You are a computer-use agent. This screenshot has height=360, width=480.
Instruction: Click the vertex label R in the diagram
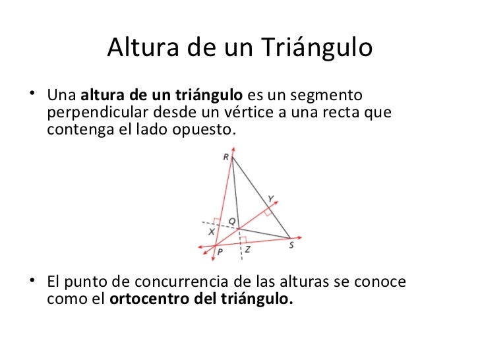click(x=226, y=157)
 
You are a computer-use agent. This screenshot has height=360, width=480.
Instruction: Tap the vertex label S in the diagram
click(x=291, y=245)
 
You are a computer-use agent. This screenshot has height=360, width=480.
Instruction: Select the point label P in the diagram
click(x=220, y=252)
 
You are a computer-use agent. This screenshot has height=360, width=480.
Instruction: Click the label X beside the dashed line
click(x=211, y=232)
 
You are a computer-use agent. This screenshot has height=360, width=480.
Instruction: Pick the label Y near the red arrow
click(x=271, y=198)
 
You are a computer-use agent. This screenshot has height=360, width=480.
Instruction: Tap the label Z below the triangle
click(x=247, y=250)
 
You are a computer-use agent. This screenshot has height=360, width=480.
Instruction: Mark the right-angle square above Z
click(x=243, y=239)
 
